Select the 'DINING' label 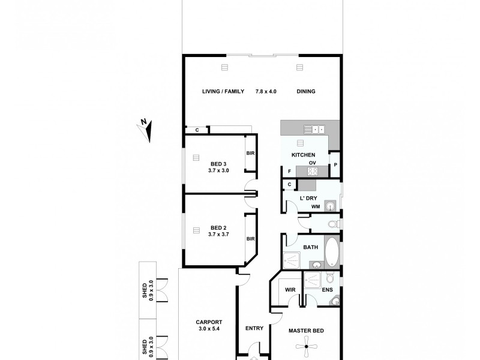click(x=305, y=91)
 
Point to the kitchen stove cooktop click(x=312, y=171)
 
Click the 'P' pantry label click(x=335, y=164)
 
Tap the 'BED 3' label click(x=218, y=164)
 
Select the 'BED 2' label click(x=218, y=227)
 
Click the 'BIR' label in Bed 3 click(x=250, y=153)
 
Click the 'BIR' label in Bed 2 click(x=250, y=238)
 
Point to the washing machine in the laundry click(x=329, y=206)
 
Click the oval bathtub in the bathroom click(x=332, y=250)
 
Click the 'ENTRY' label click(x=255, y=328)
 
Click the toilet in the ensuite click(x=329, y=278)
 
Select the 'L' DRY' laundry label click(x=308, y=198)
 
